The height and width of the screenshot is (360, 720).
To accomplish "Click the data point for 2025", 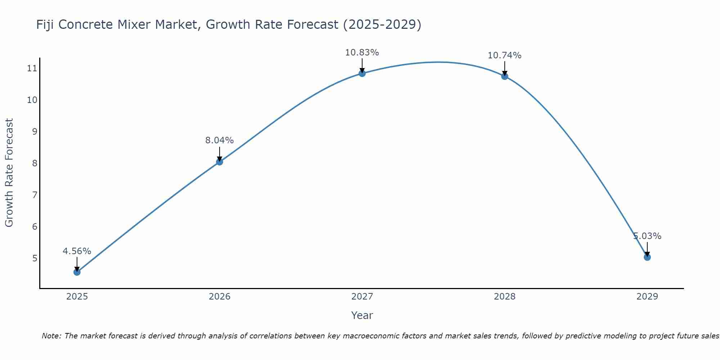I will coord(77,272).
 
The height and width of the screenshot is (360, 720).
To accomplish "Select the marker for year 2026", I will coord(220,162).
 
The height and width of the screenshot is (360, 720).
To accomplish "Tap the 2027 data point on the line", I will coord(362,73).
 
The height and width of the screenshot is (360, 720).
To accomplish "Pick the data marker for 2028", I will coord(505,76).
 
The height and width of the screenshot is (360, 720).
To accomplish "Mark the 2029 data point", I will coord(647,257).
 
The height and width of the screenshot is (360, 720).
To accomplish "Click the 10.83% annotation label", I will coord(362,53).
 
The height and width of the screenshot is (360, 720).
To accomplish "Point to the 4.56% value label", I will coord(77,251).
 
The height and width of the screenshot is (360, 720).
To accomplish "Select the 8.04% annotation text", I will coord(219,140).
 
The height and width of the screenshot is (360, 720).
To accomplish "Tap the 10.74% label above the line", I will coord(504,55).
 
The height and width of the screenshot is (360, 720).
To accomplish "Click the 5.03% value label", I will coord(647,236).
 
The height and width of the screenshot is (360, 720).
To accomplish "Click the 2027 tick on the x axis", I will coord(362,297).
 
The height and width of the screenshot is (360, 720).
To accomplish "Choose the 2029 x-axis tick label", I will coord(647,297).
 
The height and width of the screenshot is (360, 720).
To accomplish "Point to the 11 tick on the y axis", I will coord(32,68).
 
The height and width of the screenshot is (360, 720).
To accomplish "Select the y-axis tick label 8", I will coord(35,163).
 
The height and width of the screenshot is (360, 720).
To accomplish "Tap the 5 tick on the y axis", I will coord(35,258).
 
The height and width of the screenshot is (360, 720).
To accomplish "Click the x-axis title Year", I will coord(362,315).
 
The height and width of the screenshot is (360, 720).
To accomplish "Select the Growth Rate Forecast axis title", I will coord(9,172).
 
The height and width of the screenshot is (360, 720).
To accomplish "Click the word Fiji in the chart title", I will coord(45,24).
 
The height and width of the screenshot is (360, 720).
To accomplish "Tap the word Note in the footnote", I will coord(51,336).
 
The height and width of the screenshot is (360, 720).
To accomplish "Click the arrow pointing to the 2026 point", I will coord(220,154).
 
